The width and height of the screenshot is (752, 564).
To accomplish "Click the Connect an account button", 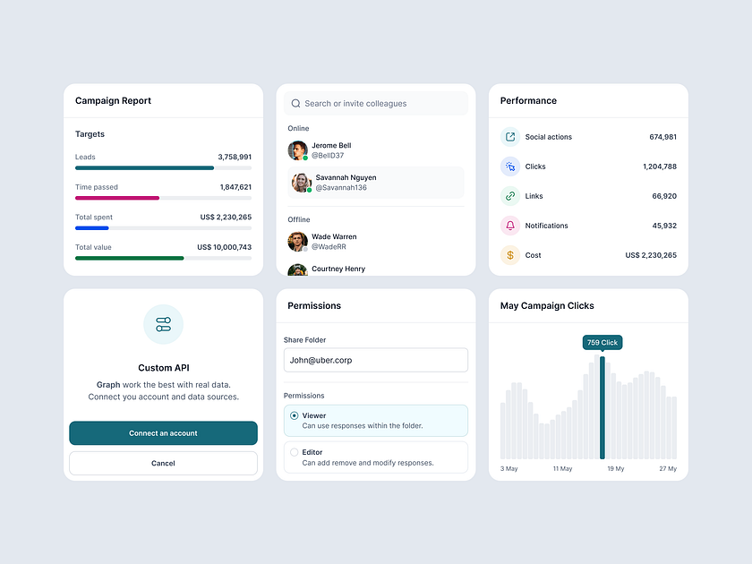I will click(163, 433).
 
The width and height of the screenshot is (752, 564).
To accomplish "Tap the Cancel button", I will click(163, 463).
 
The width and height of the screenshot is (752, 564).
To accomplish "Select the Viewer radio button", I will click(295, 415).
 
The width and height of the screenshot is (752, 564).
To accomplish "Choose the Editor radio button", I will click(295, 452).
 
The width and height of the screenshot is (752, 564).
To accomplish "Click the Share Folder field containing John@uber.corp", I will click(375, 360).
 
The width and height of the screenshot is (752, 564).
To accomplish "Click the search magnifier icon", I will click(295, 104).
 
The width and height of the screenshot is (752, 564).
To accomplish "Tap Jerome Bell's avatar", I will click(297, 150).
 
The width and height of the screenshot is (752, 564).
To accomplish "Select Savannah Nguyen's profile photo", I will click(301, 182).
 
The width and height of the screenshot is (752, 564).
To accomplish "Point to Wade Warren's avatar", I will click(297, 241).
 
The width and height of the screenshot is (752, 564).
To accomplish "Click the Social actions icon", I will click(510, 137).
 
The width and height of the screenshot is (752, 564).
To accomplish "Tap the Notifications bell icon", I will click(510, 226).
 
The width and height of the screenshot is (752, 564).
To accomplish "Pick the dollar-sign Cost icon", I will click(510, 255).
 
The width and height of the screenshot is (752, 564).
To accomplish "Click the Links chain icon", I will click(510, 196).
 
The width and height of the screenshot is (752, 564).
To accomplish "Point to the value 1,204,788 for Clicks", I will click(659, 167).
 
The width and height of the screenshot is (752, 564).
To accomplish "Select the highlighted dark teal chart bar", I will click(602, 407).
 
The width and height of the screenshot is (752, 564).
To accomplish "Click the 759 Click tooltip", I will click(602, 343).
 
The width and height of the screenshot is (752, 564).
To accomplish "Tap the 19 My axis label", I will click(615, 469).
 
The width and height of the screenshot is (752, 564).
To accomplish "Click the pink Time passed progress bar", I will click(117, 198).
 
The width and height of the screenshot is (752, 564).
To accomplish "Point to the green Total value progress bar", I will click(130, 258).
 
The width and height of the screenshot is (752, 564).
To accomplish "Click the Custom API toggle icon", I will click(163, 324).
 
